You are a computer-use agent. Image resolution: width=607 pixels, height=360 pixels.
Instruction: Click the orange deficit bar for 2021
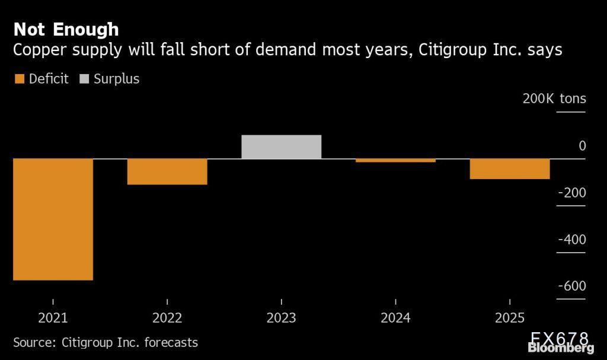53,219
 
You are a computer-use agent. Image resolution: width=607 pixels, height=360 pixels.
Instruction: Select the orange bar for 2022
167,171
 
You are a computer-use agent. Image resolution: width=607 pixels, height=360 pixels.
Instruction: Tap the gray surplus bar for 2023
281,147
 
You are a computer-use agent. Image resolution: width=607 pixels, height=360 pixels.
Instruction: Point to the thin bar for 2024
395,160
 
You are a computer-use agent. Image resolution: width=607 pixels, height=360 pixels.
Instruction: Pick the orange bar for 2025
510,168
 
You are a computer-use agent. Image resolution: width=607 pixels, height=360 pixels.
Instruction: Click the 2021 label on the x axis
53,318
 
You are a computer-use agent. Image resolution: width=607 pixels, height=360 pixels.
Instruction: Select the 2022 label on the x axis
167,318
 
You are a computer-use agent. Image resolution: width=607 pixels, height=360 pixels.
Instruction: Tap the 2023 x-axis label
281,318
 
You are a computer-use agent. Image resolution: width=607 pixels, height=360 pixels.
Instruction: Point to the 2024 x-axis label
395,318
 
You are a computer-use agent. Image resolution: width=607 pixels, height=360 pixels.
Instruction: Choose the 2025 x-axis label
510,318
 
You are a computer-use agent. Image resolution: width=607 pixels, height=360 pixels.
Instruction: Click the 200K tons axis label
554,98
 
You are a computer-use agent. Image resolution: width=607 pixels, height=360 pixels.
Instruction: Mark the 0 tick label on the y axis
582,146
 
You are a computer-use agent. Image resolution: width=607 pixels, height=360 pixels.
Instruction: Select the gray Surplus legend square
84,79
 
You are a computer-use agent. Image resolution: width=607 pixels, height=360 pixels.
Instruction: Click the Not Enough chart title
66,29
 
